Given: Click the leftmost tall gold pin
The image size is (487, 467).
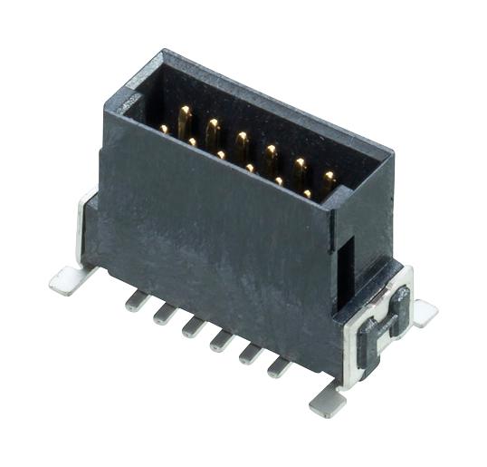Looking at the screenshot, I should pos(185,119).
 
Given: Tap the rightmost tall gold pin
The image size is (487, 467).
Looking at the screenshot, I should pos(328,180).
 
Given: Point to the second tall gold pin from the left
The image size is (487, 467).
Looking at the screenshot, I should pos(213,131).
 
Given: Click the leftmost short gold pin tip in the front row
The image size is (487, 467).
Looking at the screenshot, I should pos(164,130).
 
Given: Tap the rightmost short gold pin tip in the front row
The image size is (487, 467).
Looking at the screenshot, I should pos(308,194).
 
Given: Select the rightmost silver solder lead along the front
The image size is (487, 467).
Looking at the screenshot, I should pos(278,366).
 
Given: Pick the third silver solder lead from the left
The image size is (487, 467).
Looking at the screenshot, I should pos(191,326).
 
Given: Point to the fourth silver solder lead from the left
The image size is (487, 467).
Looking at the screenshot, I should pos(220,340).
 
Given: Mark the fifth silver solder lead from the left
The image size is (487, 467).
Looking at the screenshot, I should pos(249,353).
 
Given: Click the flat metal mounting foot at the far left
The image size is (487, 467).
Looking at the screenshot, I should pos(66,281).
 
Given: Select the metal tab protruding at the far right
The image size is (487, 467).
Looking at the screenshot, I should pos(423,312).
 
